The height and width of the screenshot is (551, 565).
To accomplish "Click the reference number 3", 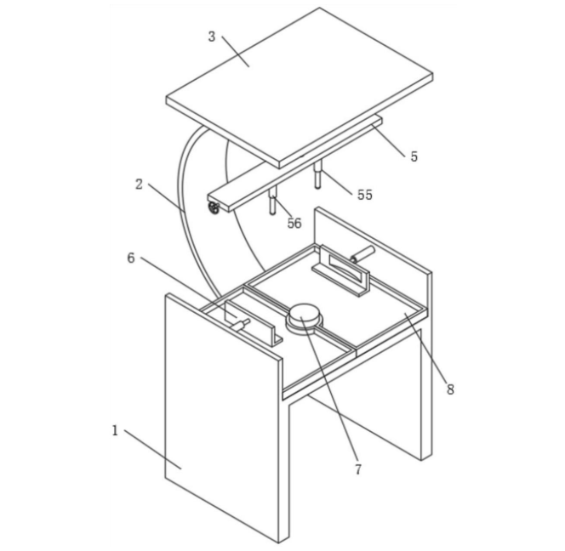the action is (x=212, y=37).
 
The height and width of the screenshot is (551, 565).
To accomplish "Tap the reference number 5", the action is (x=414, y=156).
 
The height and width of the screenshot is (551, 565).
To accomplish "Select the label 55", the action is (x=364, y=195).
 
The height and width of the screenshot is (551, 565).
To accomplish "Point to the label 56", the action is (x=294, y=224).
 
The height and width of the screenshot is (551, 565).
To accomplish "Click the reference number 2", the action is (x=139, y=184).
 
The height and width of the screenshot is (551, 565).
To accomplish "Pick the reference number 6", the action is (x=131, y=258).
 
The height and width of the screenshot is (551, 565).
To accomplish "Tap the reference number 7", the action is (x=357, y=469).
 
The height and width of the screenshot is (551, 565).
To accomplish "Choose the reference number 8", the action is (x=450, y=389).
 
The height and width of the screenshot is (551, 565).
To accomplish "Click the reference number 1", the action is (x=115, y=430).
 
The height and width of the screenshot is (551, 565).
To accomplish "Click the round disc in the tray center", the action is (x=304, y=315).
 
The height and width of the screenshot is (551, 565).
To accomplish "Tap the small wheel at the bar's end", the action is (x=214, y=207).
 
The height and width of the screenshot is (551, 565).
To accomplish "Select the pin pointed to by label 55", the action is (x=317, y=175).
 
